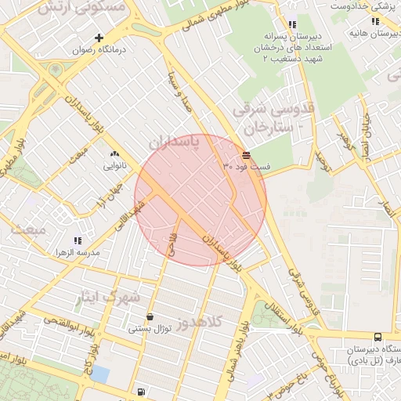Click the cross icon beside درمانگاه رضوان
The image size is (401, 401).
99,38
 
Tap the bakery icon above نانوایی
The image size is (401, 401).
115,154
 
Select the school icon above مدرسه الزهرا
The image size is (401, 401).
77,240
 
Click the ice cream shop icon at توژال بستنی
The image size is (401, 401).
150,316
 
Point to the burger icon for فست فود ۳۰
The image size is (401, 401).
247,155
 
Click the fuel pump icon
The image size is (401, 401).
140,392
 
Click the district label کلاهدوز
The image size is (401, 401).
200,322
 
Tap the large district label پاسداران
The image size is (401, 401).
174,143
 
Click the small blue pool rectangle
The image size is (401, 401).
99,374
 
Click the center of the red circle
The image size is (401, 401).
200,199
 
